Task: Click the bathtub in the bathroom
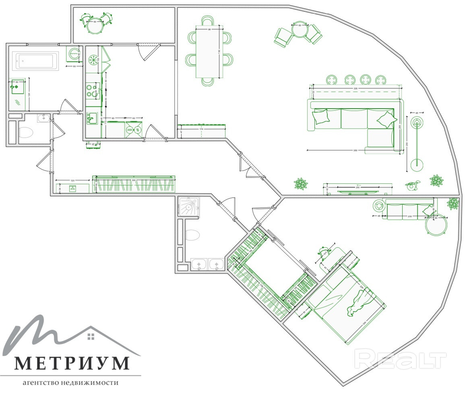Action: coord(35,61)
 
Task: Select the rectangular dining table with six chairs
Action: coord(209,51)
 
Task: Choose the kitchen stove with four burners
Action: coord(93,91)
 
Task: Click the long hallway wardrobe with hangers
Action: coord(134,185)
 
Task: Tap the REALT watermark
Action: coord(401,359)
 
